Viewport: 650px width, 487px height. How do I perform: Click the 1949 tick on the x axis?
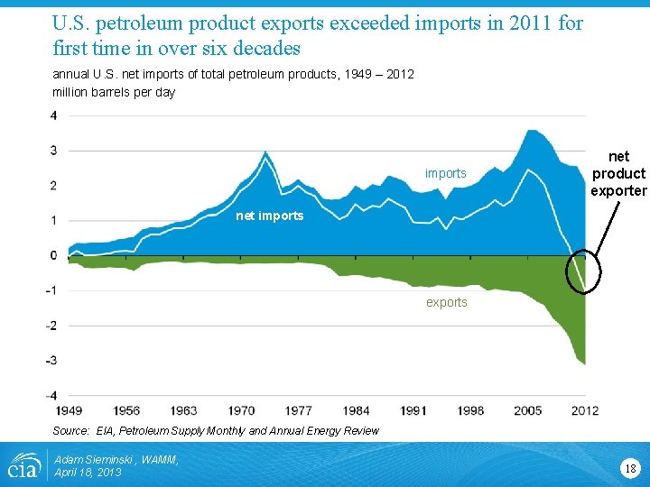(x=68, y=411)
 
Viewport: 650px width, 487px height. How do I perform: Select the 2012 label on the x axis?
(x=584, y=411)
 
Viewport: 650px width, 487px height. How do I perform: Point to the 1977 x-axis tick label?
(x=297, y=411)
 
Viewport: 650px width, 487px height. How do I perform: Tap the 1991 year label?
(x=413, y=411)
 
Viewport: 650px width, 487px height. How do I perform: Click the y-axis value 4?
(x=54, y=115)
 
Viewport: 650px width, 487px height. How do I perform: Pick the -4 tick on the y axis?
(x=52, y=395)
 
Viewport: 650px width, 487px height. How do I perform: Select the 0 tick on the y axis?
(x=54, y=255)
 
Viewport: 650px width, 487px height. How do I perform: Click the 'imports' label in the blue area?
(x=446, y=173)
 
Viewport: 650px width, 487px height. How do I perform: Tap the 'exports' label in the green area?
(x=447, y=302)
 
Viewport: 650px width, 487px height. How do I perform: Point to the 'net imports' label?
(x=269, y=216)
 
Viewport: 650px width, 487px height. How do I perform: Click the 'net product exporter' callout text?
(x=618, y=173)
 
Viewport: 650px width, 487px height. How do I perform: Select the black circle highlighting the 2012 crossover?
(x=583, y=271)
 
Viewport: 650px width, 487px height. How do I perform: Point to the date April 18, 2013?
(x=87, y=473)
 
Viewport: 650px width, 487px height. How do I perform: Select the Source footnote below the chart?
(x=215, y=431)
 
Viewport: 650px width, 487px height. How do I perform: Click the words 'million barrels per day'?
(x=114, y=92)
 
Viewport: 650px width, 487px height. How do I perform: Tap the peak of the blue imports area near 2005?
(x=533, y=131)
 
